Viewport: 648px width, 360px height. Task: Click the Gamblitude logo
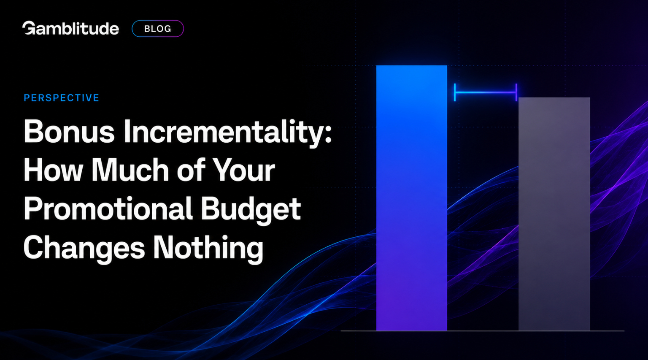point(70,28)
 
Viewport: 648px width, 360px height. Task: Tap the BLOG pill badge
point(158,29)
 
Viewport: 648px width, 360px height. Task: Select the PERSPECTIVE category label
point(61,98)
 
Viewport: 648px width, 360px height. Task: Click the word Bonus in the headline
point(69,131)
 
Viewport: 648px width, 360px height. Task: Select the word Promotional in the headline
point(108,209)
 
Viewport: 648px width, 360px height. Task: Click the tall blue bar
point(412,198)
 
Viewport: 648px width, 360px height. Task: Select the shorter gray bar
point(554,214)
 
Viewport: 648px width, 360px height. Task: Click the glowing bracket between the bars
point(486,92)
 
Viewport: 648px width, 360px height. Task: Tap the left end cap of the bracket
point(455,92)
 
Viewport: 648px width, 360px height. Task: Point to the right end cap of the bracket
point(516,92)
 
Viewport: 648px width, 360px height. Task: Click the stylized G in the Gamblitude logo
point(29,28)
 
